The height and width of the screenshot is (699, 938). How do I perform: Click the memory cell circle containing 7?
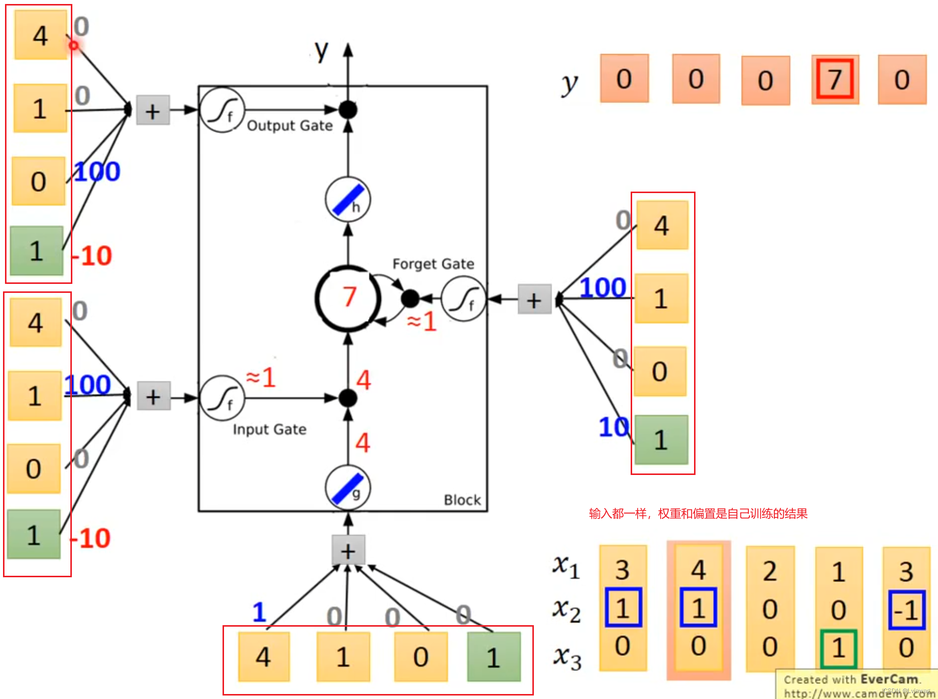[348, 298]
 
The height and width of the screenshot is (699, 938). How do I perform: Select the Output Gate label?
[289, 126]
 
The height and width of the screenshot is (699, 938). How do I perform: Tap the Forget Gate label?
[433, 264]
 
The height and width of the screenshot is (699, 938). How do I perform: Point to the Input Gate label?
[269, 430]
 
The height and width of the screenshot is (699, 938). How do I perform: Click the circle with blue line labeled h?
[348, 200]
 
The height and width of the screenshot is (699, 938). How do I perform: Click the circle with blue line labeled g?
[348, 487]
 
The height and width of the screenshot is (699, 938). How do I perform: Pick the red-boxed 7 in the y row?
[835, 79]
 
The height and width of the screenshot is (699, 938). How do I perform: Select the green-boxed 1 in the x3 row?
[838, 648]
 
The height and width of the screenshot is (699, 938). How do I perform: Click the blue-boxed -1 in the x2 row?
[907, 610]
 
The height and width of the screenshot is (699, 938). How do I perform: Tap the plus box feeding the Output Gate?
[153, 110]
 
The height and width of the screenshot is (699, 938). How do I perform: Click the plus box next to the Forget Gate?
[534, 299]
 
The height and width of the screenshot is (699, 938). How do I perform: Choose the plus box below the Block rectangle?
[348, 550]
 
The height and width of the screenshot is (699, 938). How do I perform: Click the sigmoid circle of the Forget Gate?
[464, 299]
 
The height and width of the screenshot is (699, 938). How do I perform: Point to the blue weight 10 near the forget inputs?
[613, 427]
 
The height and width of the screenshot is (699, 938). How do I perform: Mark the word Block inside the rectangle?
[462, 500]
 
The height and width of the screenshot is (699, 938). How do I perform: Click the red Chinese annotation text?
[698, 513]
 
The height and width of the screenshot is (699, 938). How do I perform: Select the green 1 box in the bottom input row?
[493, 657]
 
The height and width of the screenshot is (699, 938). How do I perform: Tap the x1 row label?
[566, 566]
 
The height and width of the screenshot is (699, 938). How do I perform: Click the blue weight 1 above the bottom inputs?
[259, 612]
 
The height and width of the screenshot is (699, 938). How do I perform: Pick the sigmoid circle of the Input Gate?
[222, 398]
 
